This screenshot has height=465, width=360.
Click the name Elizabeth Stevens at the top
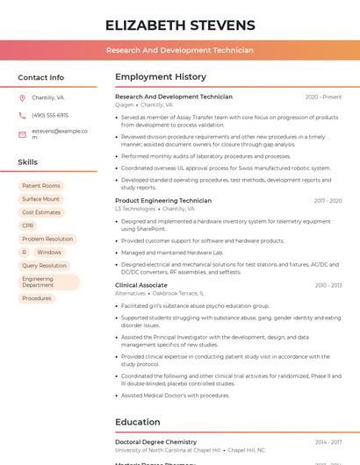tap(180, 25)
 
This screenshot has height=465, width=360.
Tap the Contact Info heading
tap(40, 77)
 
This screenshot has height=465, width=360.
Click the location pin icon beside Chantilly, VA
tap(22, 98)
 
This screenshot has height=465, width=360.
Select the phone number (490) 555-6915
tap(50, 115)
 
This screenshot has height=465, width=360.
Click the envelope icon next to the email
tap(22, 133)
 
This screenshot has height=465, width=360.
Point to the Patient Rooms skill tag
tap(41, 186)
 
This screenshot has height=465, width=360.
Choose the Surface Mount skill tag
tap(41, 199)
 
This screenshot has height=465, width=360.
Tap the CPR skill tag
tap(28, 225)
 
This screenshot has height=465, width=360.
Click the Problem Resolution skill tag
tap(47, 239)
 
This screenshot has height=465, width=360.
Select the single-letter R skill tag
tap(24, 252)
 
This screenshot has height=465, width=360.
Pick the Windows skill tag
tap(49, 252)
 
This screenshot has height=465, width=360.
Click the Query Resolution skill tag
tap(44, 265)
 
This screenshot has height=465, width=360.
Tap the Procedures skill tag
tap(37, 298)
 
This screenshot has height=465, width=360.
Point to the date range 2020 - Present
tap(323, 97)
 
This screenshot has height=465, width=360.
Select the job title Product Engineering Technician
tap(163, 200)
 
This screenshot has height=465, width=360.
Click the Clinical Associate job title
tap(140, 285)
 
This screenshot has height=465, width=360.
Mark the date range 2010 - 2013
tap(328, 285)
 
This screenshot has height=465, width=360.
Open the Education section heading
tap(137, 422)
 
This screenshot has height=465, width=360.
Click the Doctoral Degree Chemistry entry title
tap(155, 442)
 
